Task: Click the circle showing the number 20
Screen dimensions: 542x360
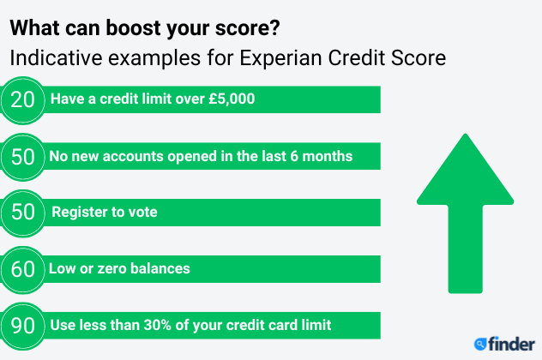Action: pyautogui.click(x=23, y=100)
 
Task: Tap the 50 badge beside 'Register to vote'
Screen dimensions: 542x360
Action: pyautogui.click(x=23, y=213)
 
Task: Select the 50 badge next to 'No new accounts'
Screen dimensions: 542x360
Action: pyautogui.click(x=23, y=157)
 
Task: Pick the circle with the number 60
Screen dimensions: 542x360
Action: pyautogui.click(x=23, y=269)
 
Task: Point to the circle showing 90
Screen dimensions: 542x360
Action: pyautogui.click(x=23, y=326)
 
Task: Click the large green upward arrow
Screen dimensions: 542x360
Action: pyautogui.click(x=466, y=213)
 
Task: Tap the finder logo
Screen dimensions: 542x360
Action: pyautogui.click(x=504, y=344)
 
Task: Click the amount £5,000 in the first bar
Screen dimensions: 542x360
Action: pyautogui.click(x=232, y=99)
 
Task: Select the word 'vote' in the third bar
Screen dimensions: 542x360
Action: pyautogui.click(x=142, y=212)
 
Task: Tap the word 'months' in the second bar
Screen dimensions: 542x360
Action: pyautogui.click(x=328, y=156)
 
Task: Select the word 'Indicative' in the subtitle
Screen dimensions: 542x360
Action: pyautogui.click(x=56, y=57)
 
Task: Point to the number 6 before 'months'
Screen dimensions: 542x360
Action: pyautogui.click(x=294, y=157)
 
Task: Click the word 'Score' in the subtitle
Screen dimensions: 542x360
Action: pyautogui.click(x=419, y=57)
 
